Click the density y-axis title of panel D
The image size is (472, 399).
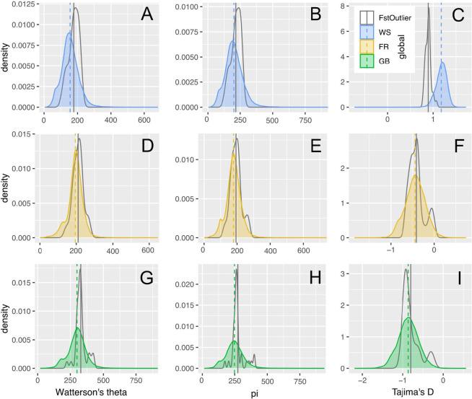coord(6,184)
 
